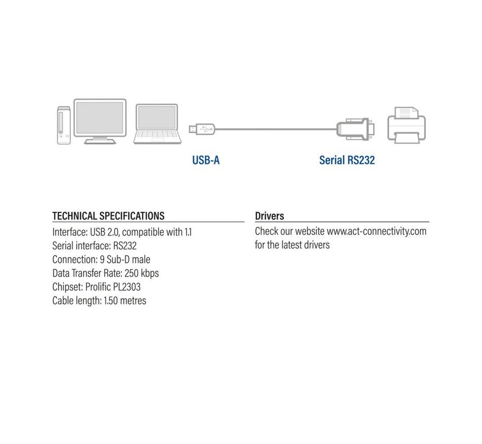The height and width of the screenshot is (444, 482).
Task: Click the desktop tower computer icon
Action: pyautogui.click(x=64, y=125)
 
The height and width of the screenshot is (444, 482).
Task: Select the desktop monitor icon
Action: pyautogui.click(x=100, y=120)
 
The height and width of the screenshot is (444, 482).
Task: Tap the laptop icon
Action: pyautogui.click(x=157, y=124)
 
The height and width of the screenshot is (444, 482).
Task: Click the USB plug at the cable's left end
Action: pyautogui.click(x=201, y=129)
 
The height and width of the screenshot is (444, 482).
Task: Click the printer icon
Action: pyautogui.click(x=406, y=125)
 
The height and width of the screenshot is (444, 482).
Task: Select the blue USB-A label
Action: pyautogui.click(x=206, y=160)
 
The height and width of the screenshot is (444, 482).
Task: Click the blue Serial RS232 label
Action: pyautogui.click(x=347, y=160)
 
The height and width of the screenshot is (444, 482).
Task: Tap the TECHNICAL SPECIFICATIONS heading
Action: pyautogui.click(x=108, y=216)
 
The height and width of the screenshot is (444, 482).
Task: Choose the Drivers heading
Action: pyautogui.click(x=270, y=217)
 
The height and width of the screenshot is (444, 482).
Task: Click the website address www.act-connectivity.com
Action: pyautogui.click(x=376, y=231)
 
